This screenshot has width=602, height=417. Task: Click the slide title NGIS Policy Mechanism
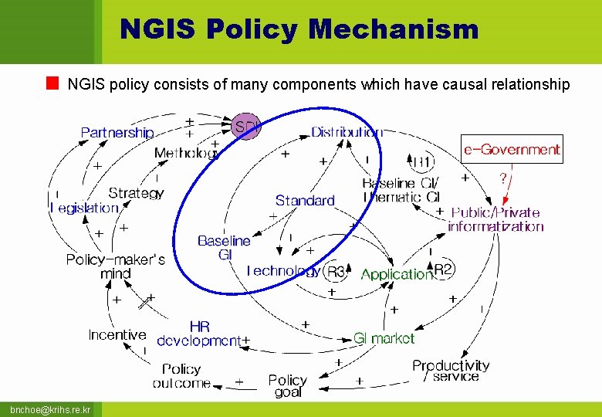299,30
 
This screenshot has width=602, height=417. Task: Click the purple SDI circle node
247,125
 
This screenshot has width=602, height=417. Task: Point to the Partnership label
117,133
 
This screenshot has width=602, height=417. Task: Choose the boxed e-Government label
512,149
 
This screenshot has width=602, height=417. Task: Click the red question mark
503,178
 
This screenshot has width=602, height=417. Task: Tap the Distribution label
347,132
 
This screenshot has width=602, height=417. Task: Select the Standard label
305,201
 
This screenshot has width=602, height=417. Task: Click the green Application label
397,274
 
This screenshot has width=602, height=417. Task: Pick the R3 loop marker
337,272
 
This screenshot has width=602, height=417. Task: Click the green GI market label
384,338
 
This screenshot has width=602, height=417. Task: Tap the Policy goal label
287,385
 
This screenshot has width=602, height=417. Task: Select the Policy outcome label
181,376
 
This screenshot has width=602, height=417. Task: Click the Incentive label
117,335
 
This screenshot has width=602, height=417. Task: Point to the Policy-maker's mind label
115,266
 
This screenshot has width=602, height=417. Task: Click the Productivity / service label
451,371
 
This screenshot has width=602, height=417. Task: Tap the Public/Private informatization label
495,219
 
